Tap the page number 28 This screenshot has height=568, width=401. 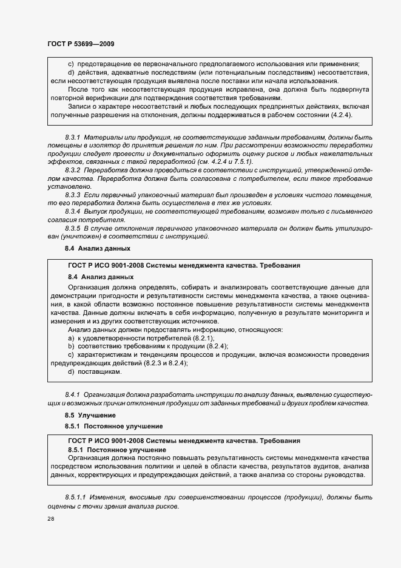50,519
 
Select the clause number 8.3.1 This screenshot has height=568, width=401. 74,138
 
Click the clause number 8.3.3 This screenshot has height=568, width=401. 74,194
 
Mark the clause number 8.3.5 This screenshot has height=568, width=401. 74,228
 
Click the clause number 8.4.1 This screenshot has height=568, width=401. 73,394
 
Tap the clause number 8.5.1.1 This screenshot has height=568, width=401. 76,498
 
